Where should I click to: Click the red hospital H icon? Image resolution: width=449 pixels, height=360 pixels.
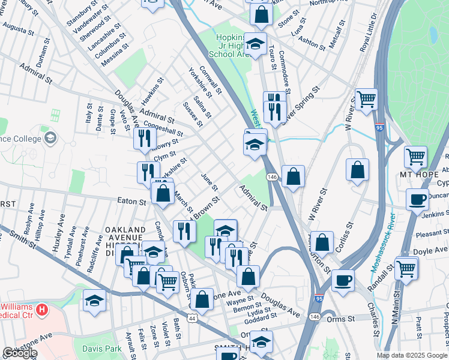41,310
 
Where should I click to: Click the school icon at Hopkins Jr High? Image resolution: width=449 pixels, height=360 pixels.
255,43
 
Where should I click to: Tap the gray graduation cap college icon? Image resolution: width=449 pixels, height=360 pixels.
50,139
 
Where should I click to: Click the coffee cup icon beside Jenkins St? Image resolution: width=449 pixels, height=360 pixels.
417,199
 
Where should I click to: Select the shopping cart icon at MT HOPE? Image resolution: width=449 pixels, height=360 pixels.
415,157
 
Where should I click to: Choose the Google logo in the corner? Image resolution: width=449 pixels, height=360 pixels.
20,353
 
